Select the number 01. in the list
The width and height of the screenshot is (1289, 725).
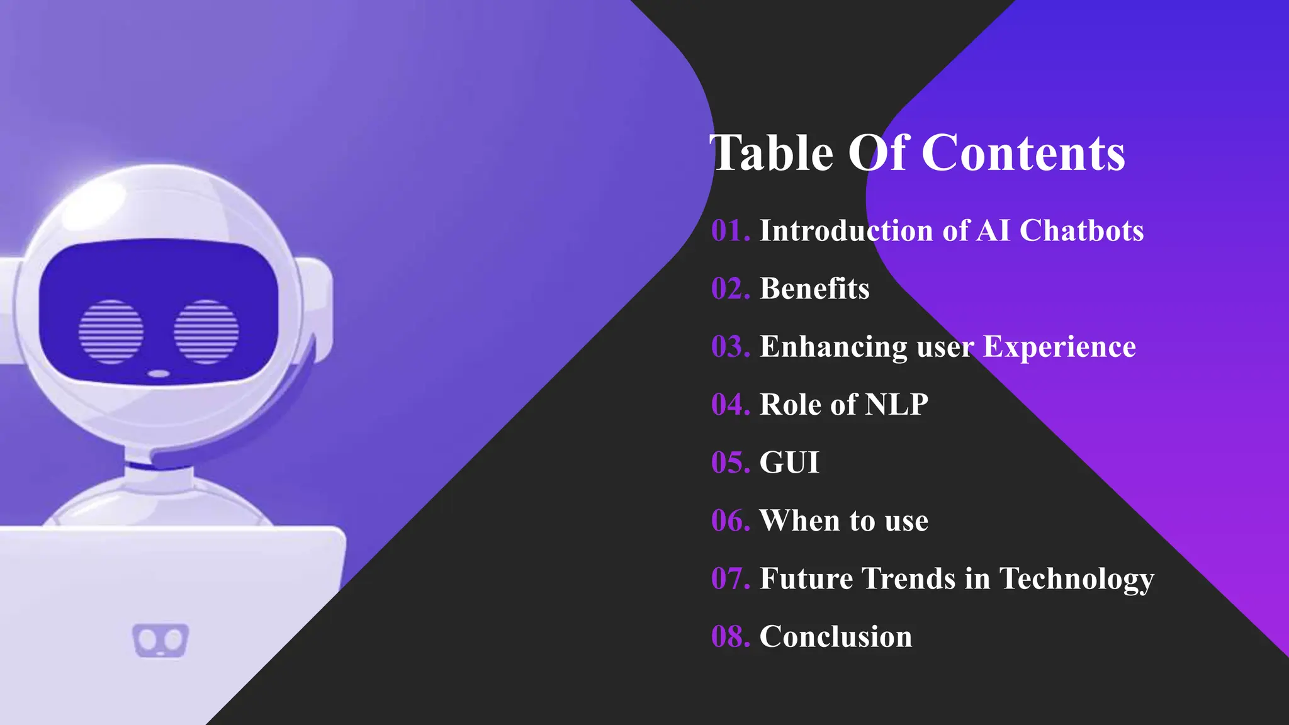click(731, 230)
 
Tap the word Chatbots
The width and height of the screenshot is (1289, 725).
click(1081, 230)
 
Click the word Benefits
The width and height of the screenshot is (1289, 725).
click(814, 288)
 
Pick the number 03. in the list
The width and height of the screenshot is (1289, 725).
click(731, 346)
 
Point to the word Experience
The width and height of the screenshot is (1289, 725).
click(1059, 346)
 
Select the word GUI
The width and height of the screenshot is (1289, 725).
click(789, 463)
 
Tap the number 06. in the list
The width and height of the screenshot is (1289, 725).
click(731, 520)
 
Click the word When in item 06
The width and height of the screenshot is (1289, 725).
click(799, 520)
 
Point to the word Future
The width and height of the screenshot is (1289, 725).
click(806, 578)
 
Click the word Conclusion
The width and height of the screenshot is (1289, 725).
click(836, 636)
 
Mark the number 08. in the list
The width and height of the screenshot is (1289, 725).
click(731, 636)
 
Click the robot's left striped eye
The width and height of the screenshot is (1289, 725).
click(111, 332)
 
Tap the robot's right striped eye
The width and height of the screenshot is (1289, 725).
click(206, 332)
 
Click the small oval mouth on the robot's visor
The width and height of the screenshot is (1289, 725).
click(159, 374)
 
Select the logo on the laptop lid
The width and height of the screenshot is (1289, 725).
click(160, 641)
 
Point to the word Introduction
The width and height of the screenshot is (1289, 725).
click(846, 230)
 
